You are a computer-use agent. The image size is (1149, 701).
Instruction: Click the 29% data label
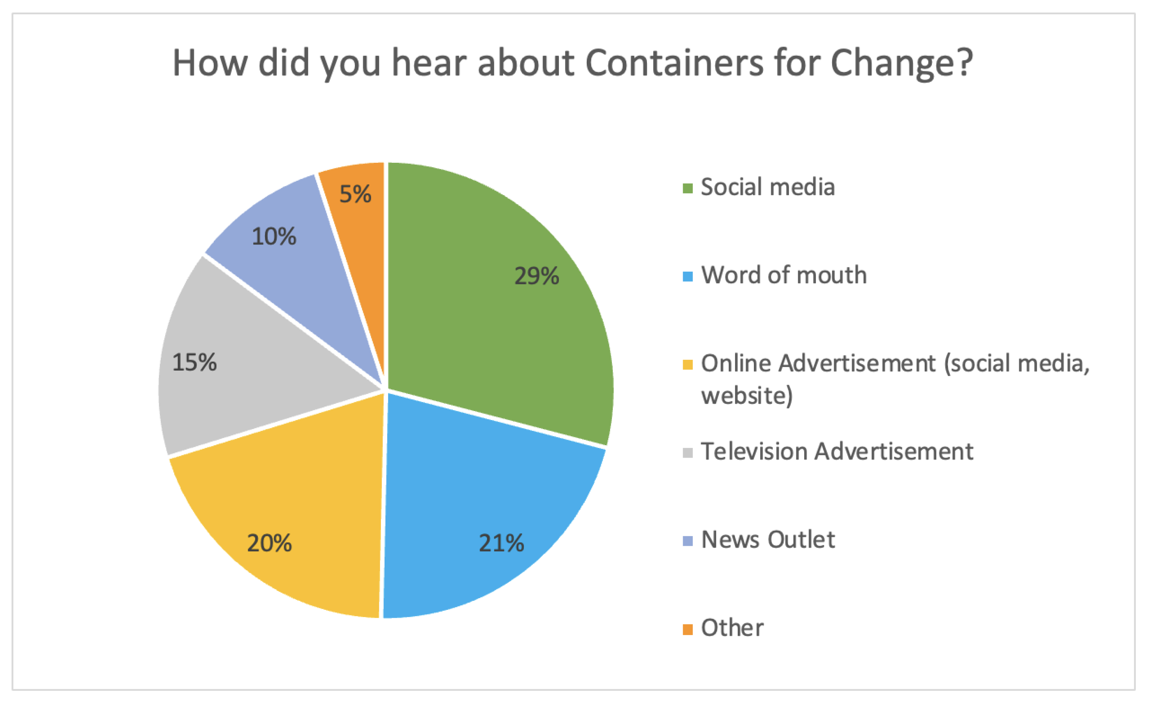(536, 276)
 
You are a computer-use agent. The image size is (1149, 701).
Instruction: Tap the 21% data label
(501, 543)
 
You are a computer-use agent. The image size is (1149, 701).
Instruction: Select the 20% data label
(269, 543)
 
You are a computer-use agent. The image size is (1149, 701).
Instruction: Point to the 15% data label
(195, 362)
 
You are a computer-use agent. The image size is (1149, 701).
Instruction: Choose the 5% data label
(355, 194)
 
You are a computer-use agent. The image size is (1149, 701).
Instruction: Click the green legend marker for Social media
(687, 188)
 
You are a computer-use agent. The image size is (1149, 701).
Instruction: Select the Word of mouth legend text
(784, 275)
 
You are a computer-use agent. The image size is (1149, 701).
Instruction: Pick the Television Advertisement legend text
(837, 451)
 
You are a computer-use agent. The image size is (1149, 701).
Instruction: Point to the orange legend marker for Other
(687, 629)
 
